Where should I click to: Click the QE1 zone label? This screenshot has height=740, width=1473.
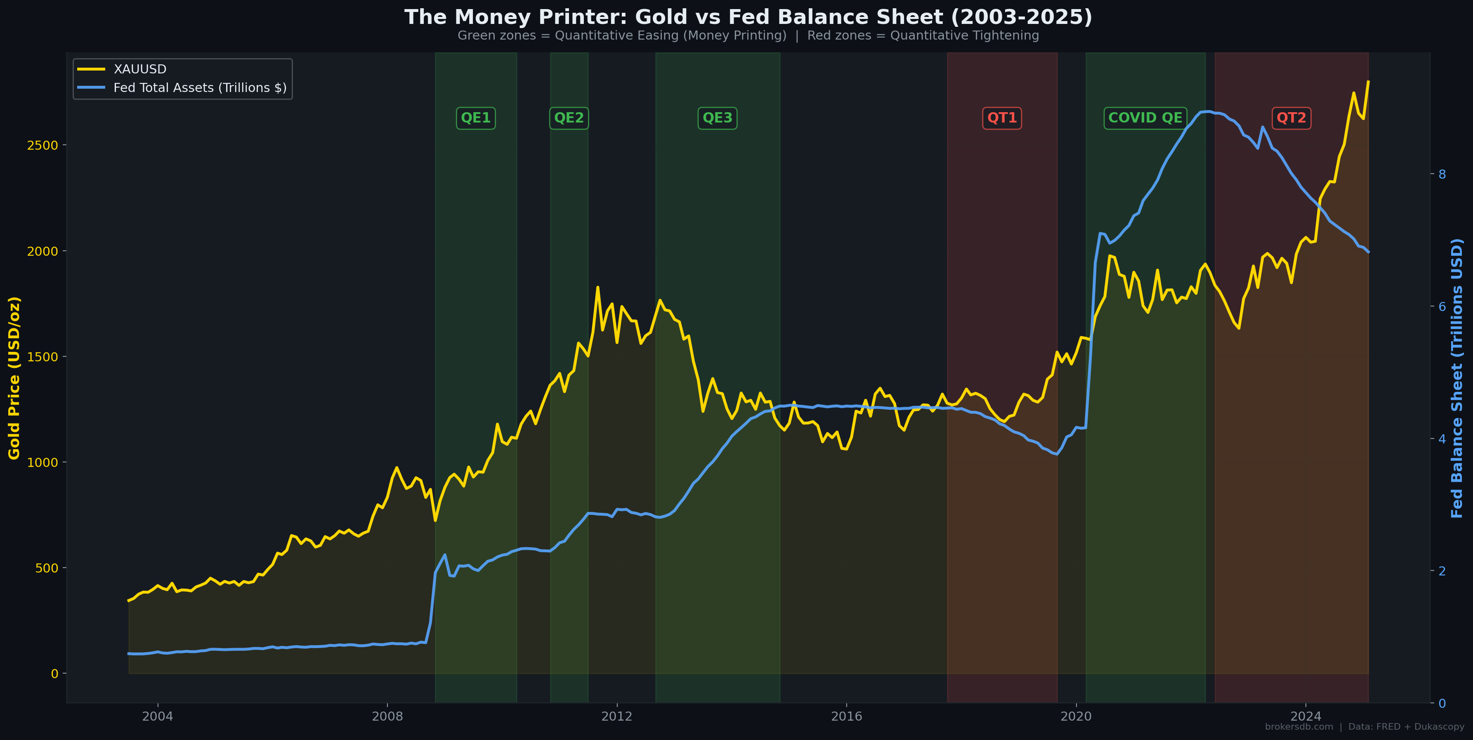(476, 118)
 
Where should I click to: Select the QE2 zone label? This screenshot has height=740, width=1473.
(569, 118)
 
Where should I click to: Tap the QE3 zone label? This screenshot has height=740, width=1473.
(717, 118)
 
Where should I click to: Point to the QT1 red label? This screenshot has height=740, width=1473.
(1002, 118)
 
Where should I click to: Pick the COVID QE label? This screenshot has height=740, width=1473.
(1145, 118)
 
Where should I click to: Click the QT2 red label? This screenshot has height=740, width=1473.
(1291, 118)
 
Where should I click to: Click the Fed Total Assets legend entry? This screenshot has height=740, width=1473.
(200, 87)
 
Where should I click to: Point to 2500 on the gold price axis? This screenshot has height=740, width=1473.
(43, 145)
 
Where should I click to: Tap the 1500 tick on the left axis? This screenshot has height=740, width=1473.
(43, 357)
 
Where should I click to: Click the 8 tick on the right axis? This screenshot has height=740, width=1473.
(1442, 174)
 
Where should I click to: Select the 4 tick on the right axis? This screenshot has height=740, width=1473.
(1442, 438)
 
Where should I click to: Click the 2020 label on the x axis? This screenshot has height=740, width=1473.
(1076, 716)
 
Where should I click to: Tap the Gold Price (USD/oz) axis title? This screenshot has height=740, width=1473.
(14, 377)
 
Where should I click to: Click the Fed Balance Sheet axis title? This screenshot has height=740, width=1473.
(1456, 377)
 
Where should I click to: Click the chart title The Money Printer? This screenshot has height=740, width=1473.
(748, 17)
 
